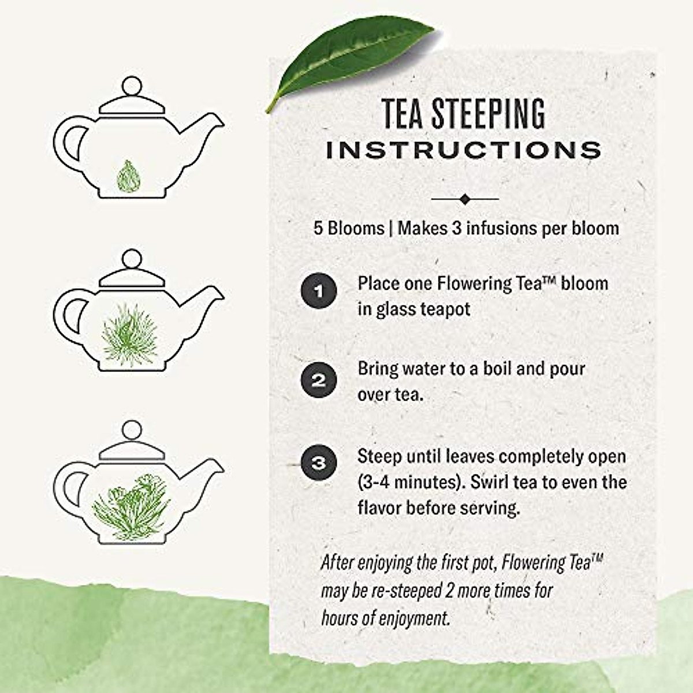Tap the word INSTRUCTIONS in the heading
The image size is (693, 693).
pos(464,150)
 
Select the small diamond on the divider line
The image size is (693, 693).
pos(465,199)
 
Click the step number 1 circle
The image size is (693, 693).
pos(318,290)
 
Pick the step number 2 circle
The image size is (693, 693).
pos(318,381)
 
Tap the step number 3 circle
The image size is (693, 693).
pos(318,463)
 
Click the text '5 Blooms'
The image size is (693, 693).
pos(348,228)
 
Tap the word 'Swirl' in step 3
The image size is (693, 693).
pos(490,482)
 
